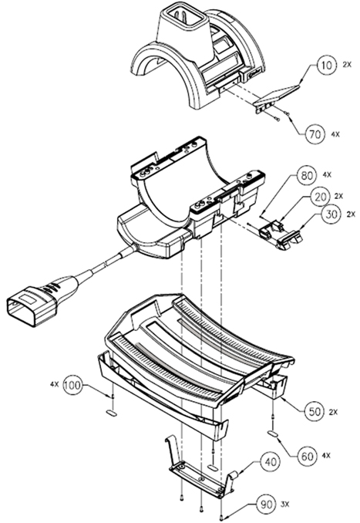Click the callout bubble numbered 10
pos(325,66)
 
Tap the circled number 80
pos(306,175)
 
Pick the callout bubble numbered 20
pos(320,197)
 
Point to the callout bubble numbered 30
pos(331,214)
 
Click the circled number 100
pos(72,385)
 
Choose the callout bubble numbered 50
pos(315,411)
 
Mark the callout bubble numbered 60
pos(307,456)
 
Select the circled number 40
pos(270,462)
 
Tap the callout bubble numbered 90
pos(266,504)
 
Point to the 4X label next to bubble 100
pos(54,384)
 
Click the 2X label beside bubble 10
pos(347,65)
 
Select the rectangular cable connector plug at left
pos(32,305)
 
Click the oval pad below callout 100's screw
pos(112,413)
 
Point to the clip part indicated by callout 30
pos(289,240)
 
